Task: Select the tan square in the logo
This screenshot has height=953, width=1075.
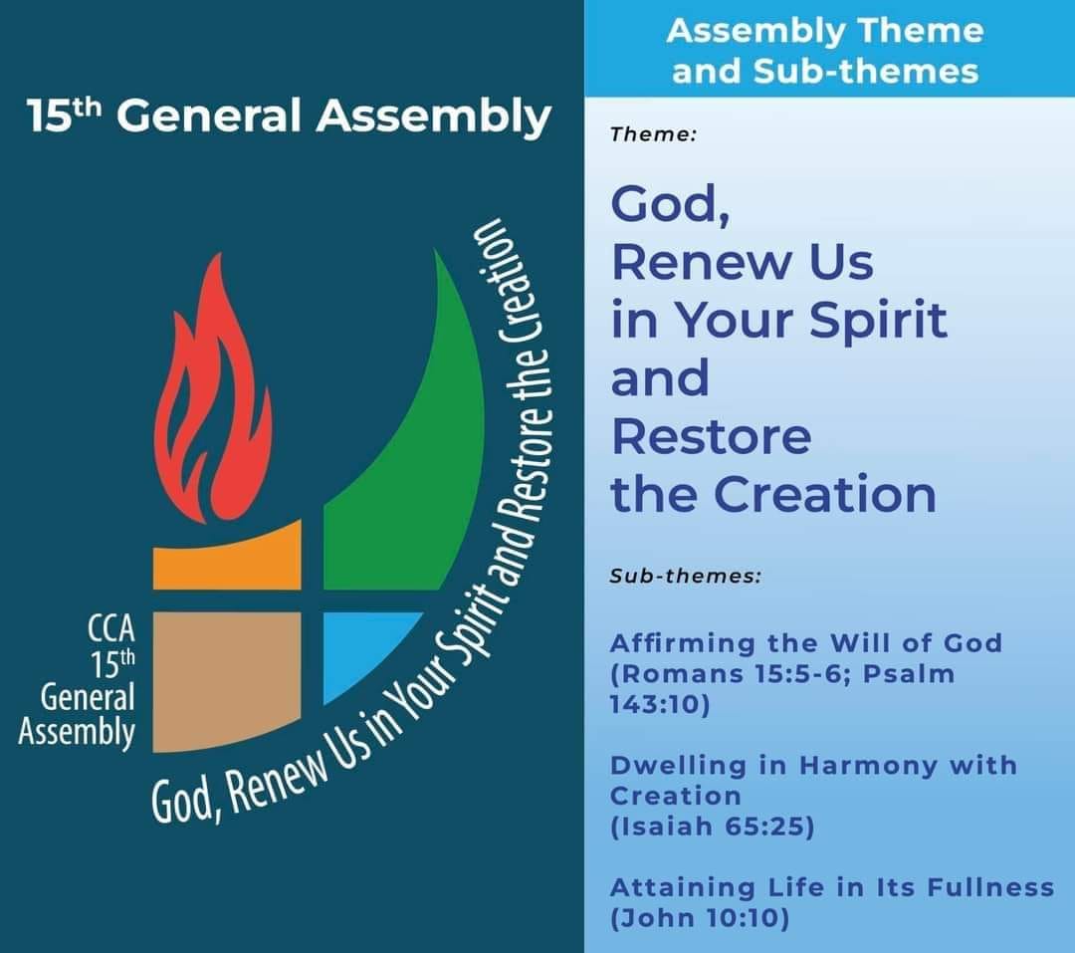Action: [227, 680]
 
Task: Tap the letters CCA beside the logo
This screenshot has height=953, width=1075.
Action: [111, 627]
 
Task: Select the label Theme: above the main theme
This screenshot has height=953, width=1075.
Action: [653, 134]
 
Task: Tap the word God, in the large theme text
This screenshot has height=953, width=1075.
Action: [671, 205]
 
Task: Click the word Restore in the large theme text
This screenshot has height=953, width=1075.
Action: [711, 437]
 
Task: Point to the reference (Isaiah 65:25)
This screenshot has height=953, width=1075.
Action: [713, 827]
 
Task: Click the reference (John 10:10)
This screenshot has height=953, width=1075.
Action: [700, 918]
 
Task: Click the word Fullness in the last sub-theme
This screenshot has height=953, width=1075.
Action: [990, 888]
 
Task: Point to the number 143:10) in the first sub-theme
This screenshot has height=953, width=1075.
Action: [660, 705]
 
